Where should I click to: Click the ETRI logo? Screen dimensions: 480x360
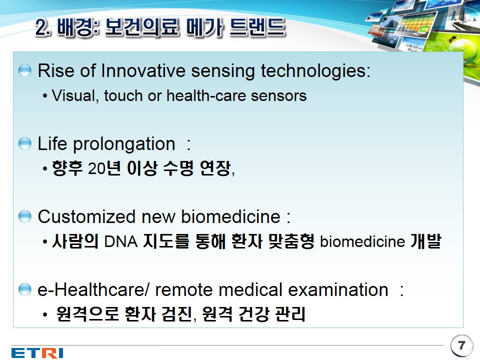[37, 352]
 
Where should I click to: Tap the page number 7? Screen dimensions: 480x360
[461, 345]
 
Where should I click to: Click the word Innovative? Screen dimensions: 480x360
[142, 70]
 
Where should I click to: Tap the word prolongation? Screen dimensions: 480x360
[124, 144]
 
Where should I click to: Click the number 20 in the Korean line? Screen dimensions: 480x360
[96, 168]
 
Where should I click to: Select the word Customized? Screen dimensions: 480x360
[86, 216]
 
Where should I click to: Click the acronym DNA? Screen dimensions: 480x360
[121, 241]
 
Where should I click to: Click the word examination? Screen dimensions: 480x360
[338, 289]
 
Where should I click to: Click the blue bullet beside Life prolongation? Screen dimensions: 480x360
[25, 143]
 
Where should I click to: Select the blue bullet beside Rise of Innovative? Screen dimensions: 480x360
[25, 70]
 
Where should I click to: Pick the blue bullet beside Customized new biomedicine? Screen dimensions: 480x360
[25, 216]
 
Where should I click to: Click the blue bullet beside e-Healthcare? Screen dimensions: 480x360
[25, 289]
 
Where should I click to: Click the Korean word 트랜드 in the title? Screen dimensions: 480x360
[258, 27]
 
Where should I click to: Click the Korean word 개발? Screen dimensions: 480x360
[426, 241]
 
